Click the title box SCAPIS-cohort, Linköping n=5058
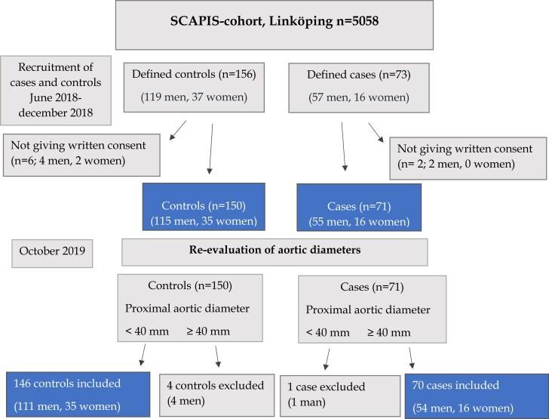(x=274, y=28)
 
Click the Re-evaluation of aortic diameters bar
(x=275, y=251)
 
